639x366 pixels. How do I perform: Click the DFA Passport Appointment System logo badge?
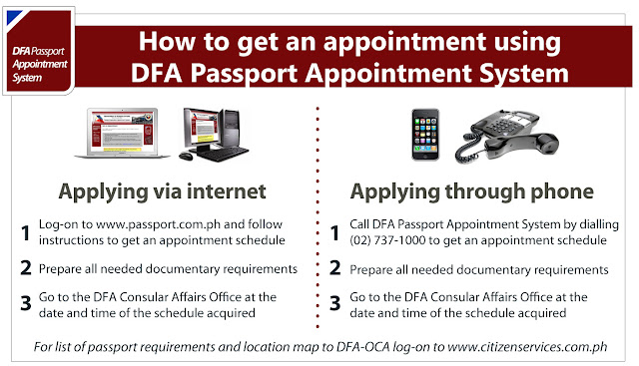39,51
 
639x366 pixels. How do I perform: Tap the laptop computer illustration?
122,133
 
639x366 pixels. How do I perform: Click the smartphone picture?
425,135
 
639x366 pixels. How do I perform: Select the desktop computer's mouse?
186,156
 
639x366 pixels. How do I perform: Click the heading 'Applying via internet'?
162,191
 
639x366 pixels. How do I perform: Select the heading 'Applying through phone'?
472,191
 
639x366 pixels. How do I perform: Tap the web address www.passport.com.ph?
158,224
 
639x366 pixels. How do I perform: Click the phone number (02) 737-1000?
387,240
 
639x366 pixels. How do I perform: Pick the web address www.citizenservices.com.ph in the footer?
527,347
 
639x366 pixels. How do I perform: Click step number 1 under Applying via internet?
26,233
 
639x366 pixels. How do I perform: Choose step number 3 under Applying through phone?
335,303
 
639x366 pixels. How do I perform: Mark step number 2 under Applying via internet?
26,268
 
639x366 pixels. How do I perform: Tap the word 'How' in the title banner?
167,41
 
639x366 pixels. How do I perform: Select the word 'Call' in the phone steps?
359,224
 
